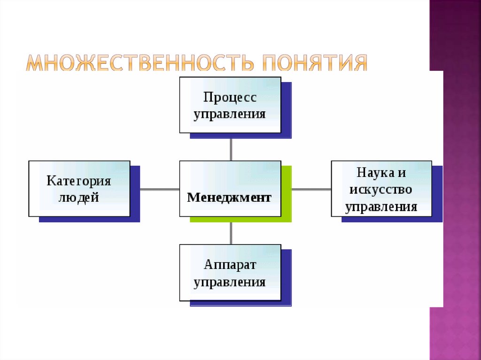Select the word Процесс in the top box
(230, 98)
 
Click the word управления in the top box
(230, 115)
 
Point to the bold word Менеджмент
(229, 197)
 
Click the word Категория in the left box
(79, 181)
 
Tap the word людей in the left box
(79, 197)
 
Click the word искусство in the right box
(381, 190)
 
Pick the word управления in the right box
(381, 207)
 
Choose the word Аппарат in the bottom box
(230, 265)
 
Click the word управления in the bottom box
(230, 282)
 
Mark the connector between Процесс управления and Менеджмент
(231, 150)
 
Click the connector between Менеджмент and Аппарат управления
(231, 233)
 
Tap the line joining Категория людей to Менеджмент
(160, 189)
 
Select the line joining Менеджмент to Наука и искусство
(311, 189)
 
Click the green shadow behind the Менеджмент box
(287, 194)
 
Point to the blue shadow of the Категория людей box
(135, 194)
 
